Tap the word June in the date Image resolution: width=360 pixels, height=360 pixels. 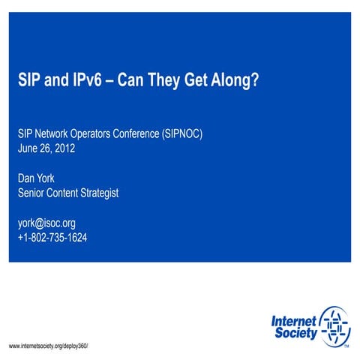[x=28, y=148]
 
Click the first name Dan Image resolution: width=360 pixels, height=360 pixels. [x=27, y=178]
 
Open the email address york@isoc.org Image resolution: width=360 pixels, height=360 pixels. [x=46, y=223]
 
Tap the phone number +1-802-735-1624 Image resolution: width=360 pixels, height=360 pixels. [x=52, y=238]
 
